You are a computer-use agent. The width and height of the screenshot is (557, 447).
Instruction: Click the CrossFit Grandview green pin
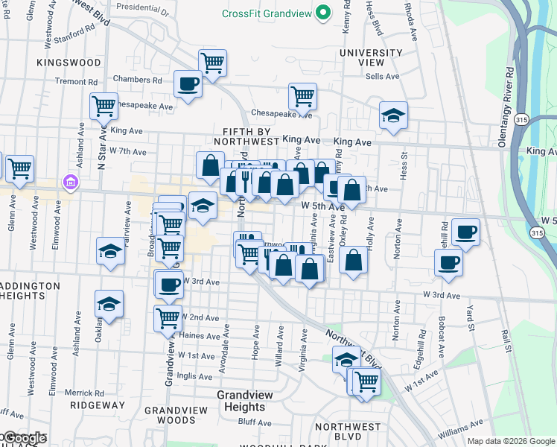click(x=323, y=13)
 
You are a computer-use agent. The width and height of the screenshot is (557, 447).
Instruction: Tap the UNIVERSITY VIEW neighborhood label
click(x=370, y=58)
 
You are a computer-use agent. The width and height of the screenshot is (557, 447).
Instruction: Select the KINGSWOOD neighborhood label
click(x=68, y=63)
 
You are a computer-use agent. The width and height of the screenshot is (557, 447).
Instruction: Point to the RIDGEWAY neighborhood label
click(x=97, y=405)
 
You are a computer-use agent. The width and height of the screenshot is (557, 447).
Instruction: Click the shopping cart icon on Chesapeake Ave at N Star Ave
click(x=104, y=105)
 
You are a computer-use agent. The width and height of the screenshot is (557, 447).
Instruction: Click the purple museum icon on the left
click(x=71, y=182)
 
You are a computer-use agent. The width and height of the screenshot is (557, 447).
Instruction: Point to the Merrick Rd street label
click(x=83, y=393)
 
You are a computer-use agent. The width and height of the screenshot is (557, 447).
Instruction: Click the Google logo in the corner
click(x=24, y=438)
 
